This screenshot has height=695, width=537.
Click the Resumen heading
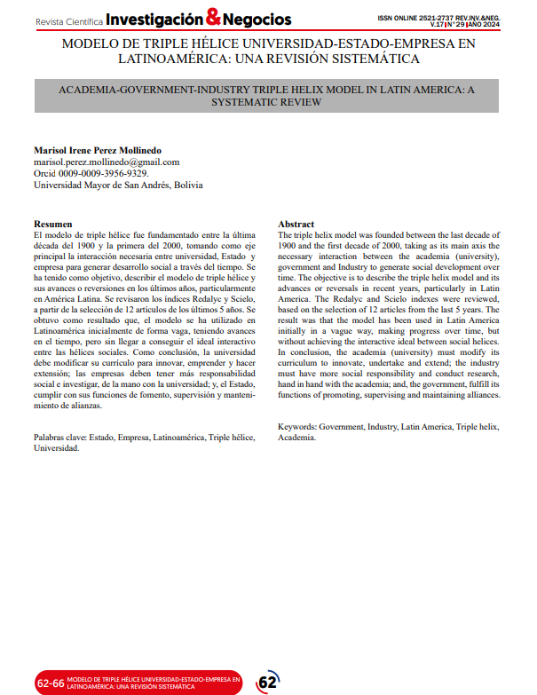pos(52,224)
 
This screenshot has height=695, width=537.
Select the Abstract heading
pos(296,224)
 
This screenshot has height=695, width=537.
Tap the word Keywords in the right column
pos(297,427)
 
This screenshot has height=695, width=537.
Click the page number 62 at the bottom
pos(266,682)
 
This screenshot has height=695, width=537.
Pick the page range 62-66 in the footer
pos(50,683)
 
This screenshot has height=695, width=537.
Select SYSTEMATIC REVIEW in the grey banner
pos(267,103)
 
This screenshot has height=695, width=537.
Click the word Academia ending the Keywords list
pos(296,438)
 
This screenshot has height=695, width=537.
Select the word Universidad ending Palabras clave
pos(57,448)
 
